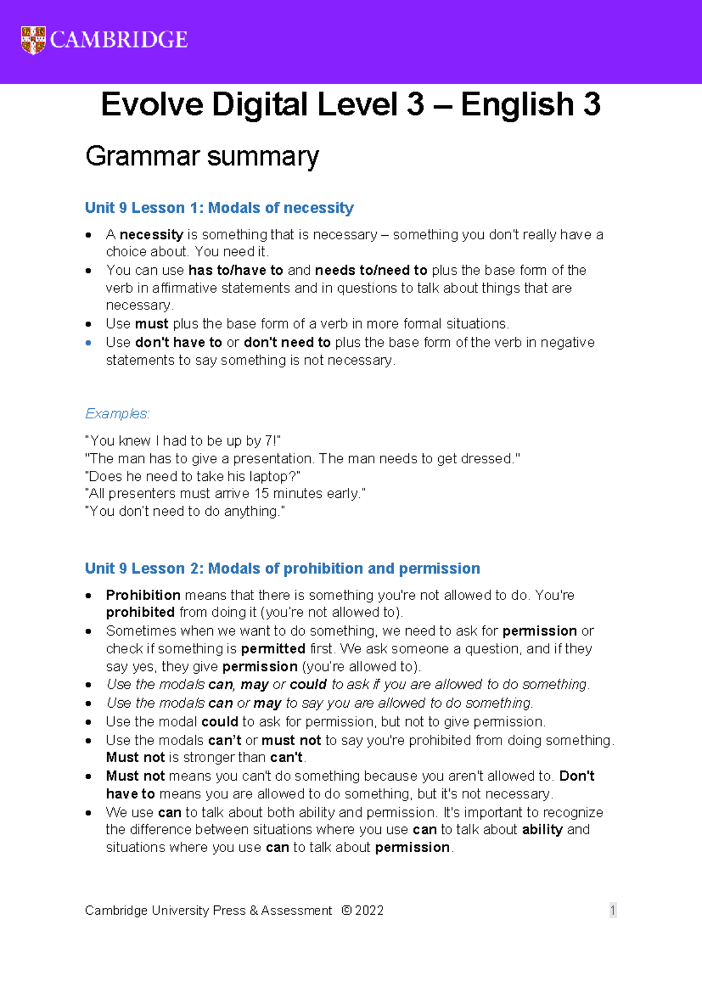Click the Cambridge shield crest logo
(x=33, y=40)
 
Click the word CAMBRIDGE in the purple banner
(x=119, y=40)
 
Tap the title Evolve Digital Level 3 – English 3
(x=350, y=105)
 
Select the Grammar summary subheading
(x=202, y=156)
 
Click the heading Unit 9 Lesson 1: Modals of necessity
(x=219, y=208)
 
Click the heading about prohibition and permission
(x=282, y=569)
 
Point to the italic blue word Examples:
(x=117, y=414)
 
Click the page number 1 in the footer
(x=612, y=910)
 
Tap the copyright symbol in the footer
(x=346, y=911)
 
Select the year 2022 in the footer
(x=369, y=911)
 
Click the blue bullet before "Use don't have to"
(x=88, y=343)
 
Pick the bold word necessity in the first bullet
(x=152, y=235)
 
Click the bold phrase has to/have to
(x=236, y=270)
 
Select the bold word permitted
(x=273, y=649)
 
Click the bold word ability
(x=542, y=829)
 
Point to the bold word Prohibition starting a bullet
(x=143, y=595)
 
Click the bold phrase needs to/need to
(x=371, y=270)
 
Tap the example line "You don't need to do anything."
(x=185, y=511)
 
